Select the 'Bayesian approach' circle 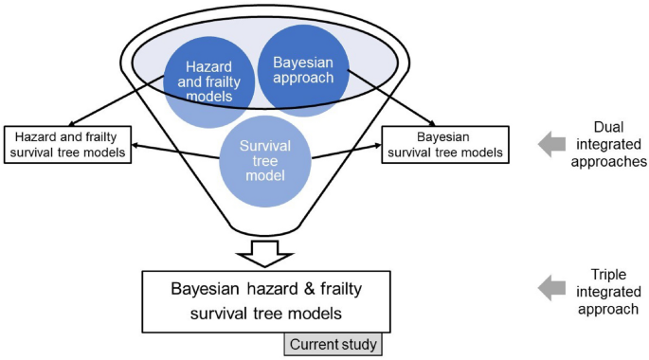pyautogui.click(x=302, y=69)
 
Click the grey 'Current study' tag pyautogui.click(x=334, y=345)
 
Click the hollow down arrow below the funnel pyautogui.click(x=266, y=253)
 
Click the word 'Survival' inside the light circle pyautogui.click(x=266, y=149)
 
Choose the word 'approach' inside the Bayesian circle pyautogui.click(x=302, y=78)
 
